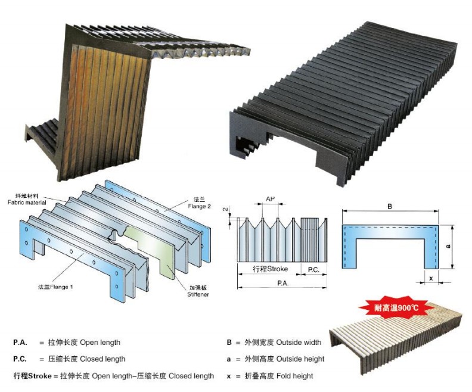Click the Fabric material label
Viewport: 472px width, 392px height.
[26, 203]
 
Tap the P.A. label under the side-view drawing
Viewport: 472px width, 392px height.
[282, 284]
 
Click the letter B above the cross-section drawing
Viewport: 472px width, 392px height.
[389, 206]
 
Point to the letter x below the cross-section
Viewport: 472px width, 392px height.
[430, 278]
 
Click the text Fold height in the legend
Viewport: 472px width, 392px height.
[291, 376]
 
